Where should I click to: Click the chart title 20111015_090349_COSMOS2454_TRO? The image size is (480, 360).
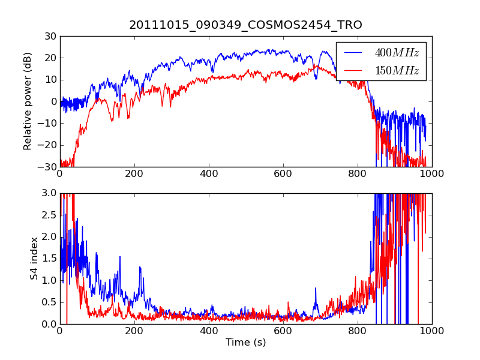(x=245, y=25)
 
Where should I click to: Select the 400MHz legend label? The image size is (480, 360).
(x=397, y=53)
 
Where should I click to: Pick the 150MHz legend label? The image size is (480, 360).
(x=397, y=71)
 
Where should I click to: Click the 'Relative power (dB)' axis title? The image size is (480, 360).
(x=28, y=101)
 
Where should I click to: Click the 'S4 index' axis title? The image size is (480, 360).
(x=34, y=258)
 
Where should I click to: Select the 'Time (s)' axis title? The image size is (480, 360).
(x=245, y=343)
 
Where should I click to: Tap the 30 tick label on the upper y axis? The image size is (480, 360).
(x=50, y=37)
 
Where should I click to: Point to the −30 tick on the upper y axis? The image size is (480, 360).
(x=47, y=167)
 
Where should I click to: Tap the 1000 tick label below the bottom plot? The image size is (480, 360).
(x=431, y=331)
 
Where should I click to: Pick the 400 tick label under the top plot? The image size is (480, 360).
(x=208, y=173)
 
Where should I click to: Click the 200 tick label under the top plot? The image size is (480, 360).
(x=134, y=173)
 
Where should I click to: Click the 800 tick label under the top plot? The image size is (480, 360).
(x=357, y=173)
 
